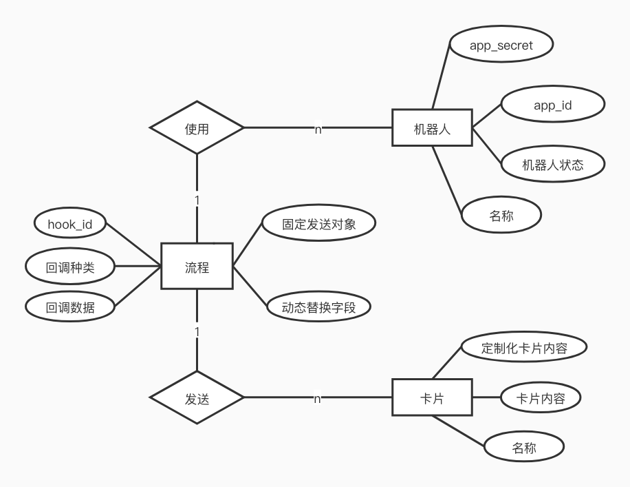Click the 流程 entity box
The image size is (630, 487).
pyautogui.click(x=197, y=266)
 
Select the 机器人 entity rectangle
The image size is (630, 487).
pyautogui.click(x=433, y=128)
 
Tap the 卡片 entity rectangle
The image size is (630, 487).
pyautogui.click(x=433, y=397)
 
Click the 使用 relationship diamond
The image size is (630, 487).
pyautogui.click(x=197, y=128)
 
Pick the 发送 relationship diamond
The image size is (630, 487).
pyautogui.click(x=197, y=397)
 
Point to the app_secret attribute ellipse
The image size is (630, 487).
pyautogui.click(x=501, y=45)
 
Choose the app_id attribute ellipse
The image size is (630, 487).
pyautogui.click(x=552, y=105)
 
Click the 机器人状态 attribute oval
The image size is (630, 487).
pyautogui.click(x=552, y=164)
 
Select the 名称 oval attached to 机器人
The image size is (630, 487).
pyautogui.click(x=501, y=216)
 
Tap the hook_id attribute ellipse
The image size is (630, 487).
pyautogui.click(x=69, y=224)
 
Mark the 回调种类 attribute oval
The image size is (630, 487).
pyautogui.click(x=69, y=267)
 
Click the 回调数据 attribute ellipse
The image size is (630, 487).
pyautogui.click(x=69, y=307)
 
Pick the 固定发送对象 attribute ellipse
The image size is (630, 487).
pyautogui.click(x=318, y=225)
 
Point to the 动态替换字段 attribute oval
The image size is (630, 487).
pyautogui.click(x=318, y=307)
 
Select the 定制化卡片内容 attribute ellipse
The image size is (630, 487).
pyautogui.click(x=524, y=348)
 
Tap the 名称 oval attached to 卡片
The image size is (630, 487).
pyautogui.click(x=524, y=448)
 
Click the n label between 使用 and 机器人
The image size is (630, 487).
pyautogui.click(x=318, y=129)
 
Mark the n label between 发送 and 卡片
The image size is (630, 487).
pyautogui.click(x=318, y=398)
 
